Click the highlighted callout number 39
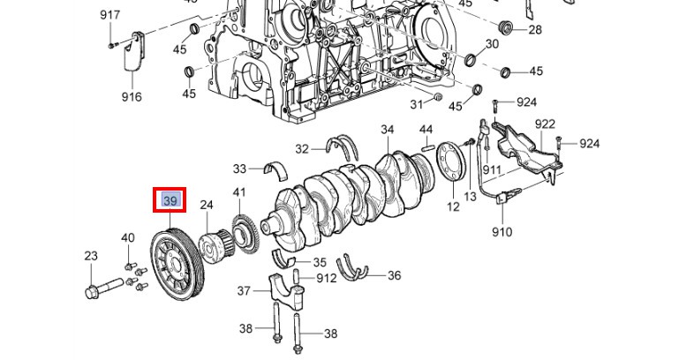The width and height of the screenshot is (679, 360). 170,200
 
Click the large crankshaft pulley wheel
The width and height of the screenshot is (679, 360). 174,266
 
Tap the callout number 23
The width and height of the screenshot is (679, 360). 91,256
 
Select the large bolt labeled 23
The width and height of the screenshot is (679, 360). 105,289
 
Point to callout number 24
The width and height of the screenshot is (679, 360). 207,205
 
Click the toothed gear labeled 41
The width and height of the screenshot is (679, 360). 245,236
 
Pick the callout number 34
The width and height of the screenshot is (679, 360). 388,130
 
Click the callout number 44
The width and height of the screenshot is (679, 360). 426,130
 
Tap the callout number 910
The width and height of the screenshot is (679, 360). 502,232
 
